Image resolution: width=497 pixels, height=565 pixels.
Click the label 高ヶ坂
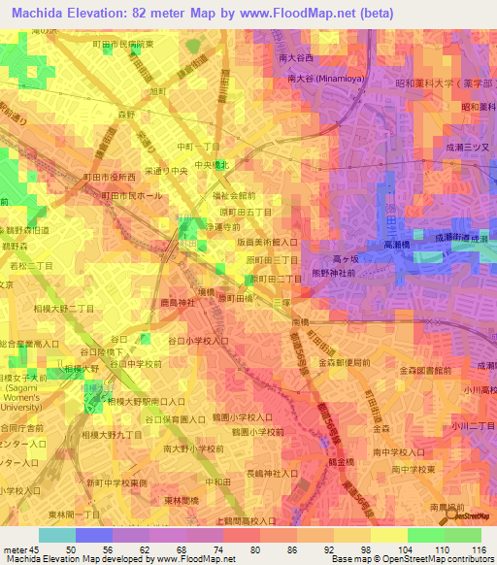[347, 259]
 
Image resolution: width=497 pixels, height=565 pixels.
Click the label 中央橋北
[211, 165]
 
